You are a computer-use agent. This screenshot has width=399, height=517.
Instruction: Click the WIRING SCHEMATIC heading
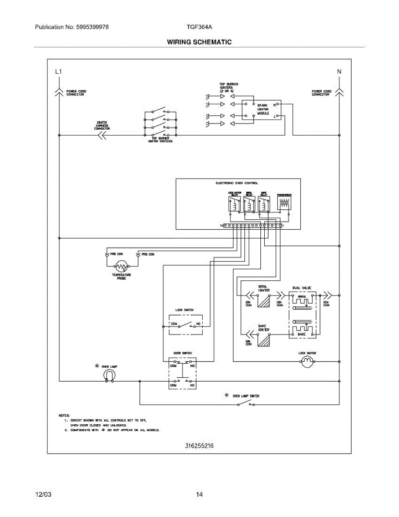pyautogui.click(x=199, y=42)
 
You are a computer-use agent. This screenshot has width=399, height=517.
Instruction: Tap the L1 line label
pyautogui.click(x=59, y=72)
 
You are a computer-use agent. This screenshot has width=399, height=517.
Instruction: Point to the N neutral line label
pyautogui.click(x=339, y=72)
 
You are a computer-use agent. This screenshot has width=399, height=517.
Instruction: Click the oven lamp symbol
pyautogui.click(x=109, y=376)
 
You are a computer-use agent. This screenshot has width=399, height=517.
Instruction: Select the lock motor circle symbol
pyautogui.click(x=307, y=362)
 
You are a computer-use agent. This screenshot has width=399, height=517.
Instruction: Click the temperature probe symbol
pyautogui.click(x=122, y=267)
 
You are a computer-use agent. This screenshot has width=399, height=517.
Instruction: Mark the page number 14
pyautogui.click(x=199, y=495)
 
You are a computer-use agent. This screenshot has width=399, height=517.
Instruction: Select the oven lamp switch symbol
pyautogui.click(x=246, y=404)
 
